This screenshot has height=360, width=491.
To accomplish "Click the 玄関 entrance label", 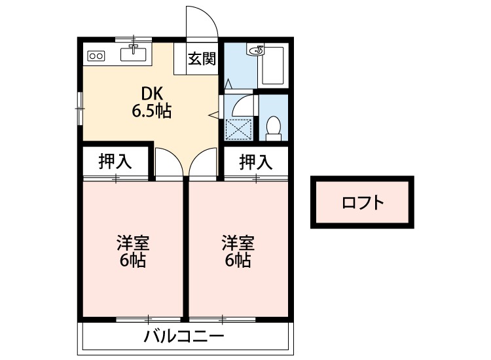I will point(202,60).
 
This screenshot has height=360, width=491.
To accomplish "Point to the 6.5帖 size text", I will point(152,111).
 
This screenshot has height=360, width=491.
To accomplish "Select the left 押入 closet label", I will point(115,162).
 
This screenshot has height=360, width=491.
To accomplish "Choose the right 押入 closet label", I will point(255,162).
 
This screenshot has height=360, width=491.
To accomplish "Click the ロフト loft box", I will point(362,202).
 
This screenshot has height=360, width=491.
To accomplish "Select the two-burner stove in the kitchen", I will point(96,56).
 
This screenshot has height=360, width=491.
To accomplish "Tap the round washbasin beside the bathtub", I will point(257,50).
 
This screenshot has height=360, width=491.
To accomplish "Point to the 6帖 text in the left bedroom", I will point(133,261).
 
